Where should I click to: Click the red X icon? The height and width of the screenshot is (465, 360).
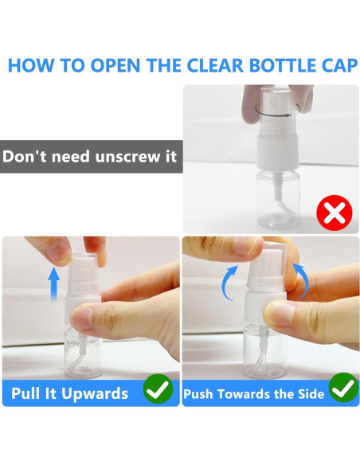335,213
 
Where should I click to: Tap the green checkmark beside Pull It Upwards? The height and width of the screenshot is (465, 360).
158,389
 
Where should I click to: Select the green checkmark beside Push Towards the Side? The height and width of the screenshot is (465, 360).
344,388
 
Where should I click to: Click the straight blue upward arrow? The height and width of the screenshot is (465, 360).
53,283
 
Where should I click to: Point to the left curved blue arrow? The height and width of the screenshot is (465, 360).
227,283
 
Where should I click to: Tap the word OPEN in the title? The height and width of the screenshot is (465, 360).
115,65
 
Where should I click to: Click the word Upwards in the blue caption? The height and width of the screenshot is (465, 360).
95,394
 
